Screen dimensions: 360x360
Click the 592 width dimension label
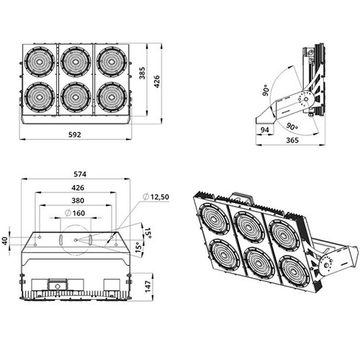pos(75,135)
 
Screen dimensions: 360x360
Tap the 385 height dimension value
pos(143,73)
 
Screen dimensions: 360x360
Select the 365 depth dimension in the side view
pos(292,140)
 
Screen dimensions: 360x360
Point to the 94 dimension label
pos(265,130)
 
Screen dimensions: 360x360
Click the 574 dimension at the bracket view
pos(79,174)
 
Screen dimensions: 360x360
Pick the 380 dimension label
pos(78,200)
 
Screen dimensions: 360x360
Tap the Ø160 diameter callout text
pos(75,213)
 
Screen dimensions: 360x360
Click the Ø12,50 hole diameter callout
pos(156,197)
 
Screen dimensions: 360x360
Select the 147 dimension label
pos(148,287)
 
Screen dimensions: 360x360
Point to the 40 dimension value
pos(5,240)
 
